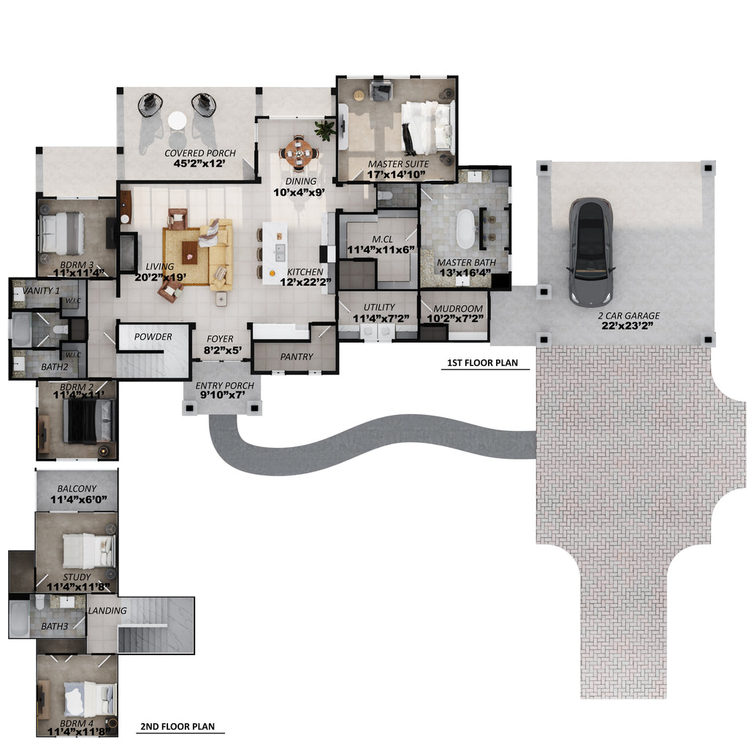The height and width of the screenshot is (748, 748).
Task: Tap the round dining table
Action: pyautogui.click(x=299, y=153)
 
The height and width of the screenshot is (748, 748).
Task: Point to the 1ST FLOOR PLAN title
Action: pyautogui.click(x=482, y=362)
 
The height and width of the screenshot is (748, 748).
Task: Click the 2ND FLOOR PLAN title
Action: pyautogui.click(x=178, y=727)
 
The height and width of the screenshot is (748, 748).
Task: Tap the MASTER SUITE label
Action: pyautogui.click(x=398, y=164)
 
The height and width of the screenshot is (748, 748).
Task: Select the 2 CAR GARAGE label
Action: pyautogui.click(x=629, y=316)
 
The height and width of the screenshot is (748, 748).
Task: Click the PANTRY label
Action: pyautogui.click(x=297, y=356)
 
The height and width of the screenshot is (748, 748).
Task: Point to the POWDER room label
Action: pyautogui.click(x=153, y=337)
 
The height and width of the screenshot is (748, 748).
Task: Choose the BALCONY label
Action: pyautogui.click(x=77, y=489)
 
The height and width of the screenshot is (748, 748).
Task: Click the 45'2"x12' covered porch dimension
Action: pyautogui.click(x=199, y=164)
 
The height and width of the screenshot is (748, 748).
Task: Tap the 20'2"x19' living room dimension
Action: pyautogui.click(x=160, y=277)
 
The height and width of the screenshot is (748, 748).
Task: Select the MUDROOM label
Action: pyautogui.click(x=458, y=309)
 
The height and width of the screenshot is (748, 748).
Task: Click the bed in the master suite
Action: pyautogui.click(x=427, y=127)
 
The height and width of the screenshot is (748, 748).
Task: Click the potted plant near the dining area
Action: pyautogui.click(x=325, y=129)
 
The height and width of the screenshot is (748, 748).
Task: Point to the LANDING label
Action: pyautogui.click(x=107, y=611)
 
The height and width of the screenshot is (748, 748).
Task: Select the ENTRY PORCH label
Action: pyautogui.click(x=225, y=386)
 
